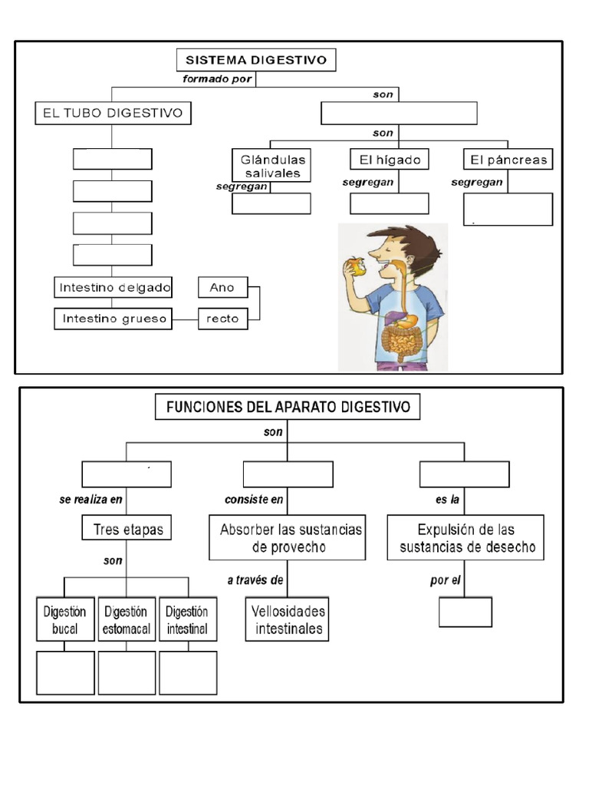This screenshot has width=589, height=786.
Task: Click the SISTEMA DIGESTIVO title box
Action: click(256, 60)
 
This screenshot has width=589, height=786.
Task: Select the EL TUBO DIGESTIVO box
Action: click(113, 114)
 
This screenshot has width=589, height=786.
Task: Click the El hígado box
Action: click(389, 160)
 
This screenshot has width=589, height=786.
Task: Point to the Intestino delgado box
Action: click(114, 288)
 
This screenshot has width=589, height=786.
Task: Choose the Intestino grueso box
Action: click(114, 319)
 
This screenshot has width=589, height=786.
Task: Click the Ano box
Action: click(222, 288)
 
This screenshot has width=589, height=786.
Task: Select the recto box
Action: click(222, 319)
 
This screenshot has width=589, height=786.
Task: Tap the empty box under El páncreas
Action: click(508, 209)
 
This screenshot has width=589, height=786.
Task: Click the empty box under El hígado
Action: click(389, 203)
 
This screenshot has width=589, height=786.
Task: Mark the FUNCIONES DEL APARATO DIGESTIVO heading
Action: click(288, 406)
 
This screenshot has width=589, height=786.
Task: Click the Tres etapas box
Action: click(127, 529)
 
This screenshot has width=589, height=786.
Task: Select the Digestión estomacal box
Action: click(127, 620)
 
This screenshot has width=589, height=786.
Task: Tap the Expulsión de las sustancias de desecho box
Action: click(466, 539)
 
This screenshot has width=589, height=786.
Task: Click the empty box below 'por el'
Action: click(466, 612)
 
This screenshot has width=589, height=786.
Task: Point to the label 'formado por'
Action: click(217, 78)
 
